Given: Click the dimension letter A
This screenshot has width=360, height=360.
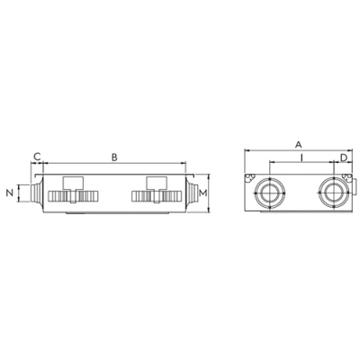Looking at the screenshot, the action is [298, 145].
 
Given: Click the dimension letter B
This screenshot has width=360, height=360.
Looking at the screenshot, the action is [114, 157].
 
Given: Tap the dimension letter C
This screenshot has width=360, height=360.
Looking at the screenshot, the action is [37, 157].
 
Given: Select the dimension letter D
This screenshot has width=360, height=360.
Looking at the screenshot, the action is [344, 157].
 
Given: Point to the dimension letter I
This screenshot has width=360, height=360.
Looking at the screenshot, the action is [301, 157].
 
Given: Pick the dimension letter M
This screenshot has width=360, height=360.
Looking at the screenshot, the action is [203, 193].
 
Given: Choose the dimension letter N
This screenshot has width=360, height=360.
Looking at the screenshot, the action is [10, 193].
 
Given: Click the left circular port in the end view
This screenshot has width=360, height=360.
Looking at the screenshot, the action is [270, 193].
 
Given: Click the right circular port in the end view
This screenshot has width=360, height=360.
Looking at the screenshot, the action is [334, 193].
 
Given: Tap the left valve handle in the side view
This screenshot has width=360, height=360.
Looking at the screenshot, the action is [73, 183].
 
